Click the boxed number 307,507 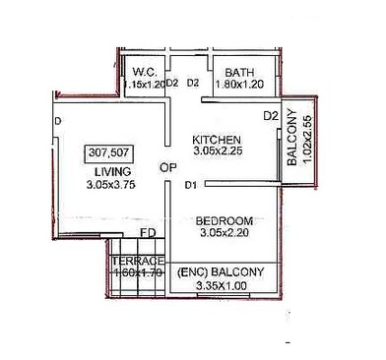tap(110, 153)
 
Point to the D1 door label tap(191, 185)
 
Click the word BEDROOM tap(225, 219)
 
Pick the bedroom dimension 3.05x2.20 tap(225, 233)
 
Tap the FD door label tap(148, 233)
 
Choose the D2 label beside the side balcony tap(271, 117)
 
